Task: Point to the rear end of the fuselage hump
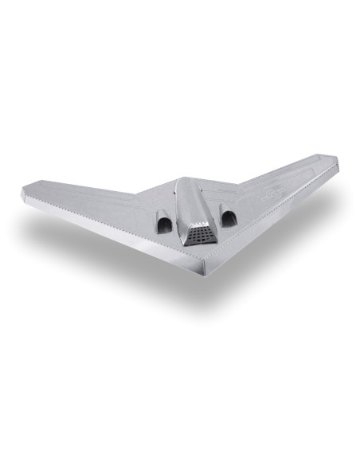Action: tap(182, 181)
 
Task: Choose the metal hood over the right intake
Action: tap(227, 209)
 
